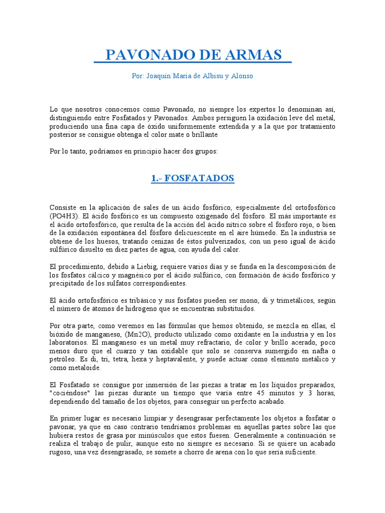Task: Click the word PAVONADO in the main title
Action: (x=151, y=55)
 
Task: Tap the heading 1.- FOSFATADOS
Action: (x=192, y=178)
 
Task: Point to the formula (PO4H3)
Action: (x=64, y=215)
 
